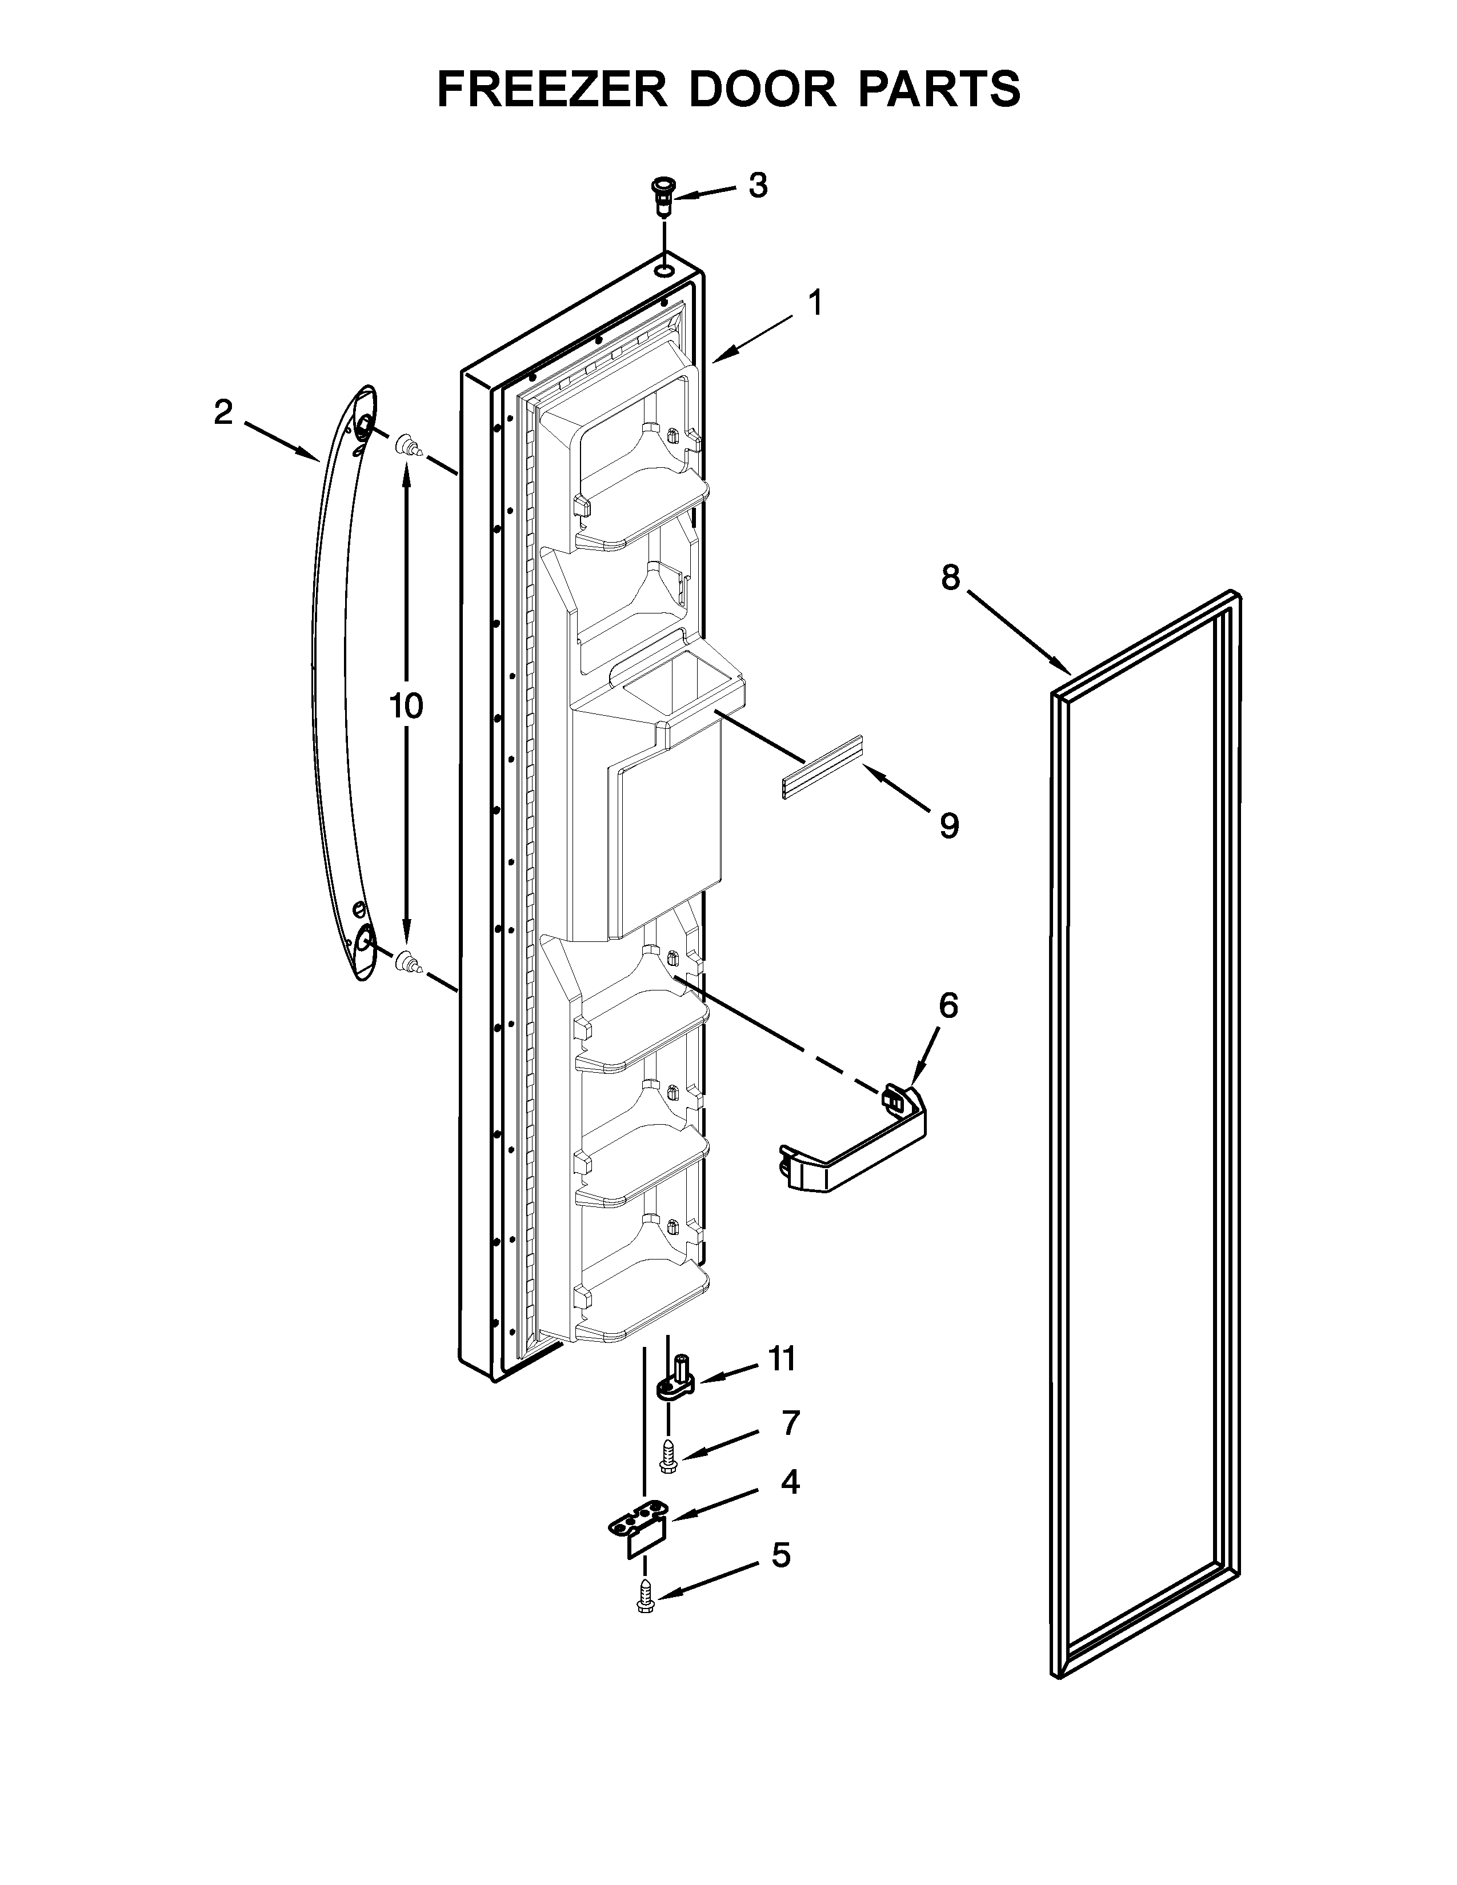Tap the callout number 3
[x=757, y=186]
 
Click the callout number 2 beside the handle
[x=223, y=414]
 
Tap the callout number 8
[x=950, y=578]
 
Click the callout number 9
[x=948, y=826]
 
